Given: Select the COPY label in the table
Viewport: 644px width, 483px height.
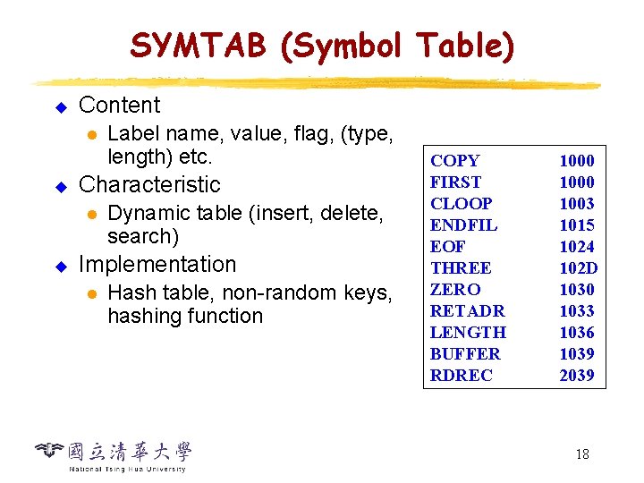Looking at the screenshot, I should (454, 161).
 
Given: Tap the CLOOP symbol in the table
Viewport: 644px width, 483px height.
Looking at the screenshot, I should (461, 204).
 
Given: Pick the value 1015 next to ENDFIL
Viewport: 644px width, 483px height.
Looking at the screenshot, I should (577, 225).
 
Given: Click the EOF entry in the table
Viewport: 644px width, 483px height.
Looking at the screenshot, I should (447, 247).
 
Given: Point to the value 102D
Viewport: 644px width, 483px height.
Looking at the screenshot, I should (578, 268).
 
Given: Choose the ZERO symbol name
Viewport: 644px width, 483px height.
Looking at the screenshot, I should (455, 290).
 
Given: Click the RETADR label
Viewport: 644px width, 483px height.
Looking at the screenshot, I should (467, 311).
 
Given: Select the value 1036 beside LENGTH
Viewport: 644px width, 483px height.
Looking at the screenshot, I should (577, 333).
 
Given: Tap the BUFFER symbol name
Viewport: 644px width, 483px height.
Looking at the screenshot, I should (465, 354).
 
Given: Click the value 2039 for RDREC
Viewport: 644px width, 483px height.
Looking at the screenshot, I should (577, 376).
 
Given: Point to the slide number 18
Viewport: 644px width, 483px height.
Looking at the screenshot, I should (581, 454).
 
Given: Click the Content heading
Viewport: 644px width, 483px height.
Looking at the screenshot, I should (119, 106).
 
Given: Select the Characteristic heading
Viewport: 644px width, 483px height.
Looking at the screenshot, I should (149, 185).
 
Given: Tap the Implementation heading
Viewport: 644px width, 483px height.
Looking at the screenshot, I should (157, 265).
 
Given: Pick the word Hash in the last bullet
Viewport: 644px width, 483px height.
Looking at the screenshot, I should (127, 293).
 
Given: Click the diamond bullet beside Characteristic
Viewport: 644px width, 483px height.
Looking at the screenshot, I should (62, 187).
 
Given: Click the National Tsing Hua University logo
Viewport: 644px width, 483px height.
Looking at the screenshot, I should (114, 455).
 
